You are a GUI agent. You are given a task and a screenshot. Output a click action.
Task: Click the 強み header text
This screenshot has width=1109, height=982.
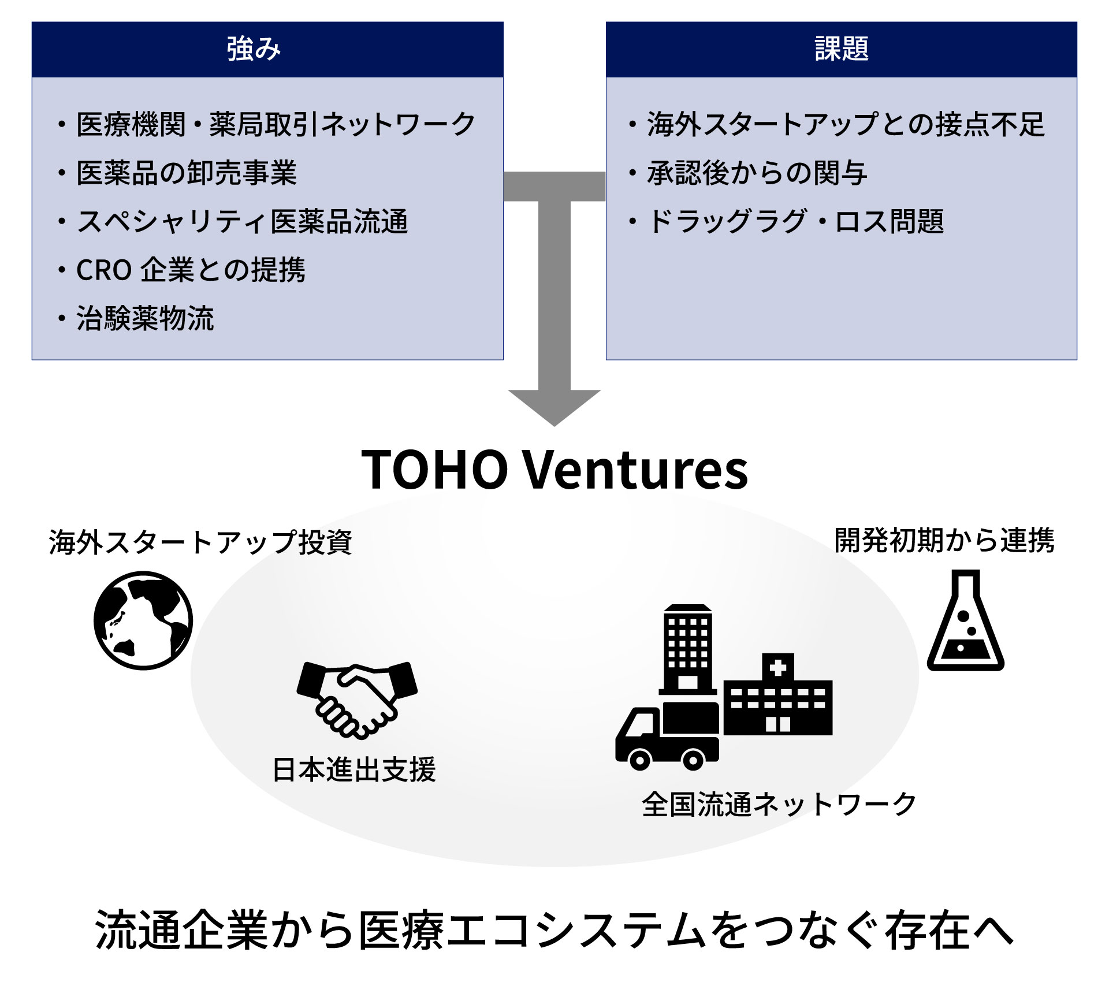(254, 49)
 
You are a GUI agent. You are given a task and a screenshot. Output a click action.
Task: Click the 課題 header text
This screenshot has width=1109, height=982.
(842, 49)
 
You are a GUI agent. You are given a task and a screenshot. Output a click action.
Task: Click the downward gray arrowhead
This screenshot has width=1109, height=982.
(554, 407)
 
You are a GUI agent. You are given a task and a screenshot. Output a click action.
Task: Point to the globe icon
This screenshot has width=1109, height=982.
(143, 620)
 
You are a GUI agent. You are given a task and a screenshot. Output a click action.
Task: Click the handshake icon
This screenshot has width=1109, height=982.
(357, 700)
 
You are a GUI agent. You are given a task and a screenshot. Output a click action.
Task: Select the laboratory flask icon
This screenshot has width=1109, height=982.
(966, 620)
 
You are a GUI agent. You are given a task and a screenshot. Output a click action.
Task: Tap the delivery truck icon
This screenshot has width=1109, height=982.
(667, 736)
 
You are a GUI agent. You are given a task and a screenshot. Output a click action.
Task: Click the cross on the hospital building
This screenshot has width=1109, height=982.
(778, 668)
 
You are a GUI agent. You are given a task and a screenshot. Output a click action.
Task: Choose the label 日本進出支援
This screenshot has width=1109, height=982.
(354, 769)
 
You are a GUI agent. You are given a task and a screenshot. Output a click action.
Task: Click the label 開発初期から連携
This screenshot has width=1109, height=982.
(944, 541)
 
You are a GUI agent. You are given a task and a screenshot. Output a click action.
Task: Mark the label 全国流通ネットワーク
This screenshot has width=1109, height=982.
(779, 804)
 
